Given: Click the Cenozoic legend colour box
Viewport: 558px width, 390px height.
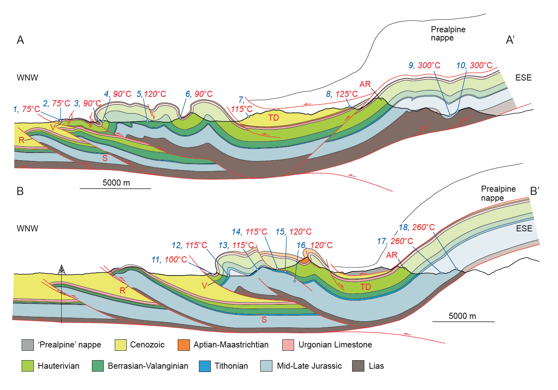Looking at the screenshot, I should pos(121,345).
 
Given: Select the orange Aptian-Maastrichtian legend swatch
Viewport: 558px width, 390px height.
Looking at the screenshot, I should pos(184,345).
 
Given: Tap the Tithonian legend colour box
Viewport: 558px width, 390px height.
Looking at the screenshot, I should pos(205,366).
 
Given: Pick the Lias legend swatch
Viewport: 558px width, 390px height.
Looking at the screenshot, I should pos(358,366).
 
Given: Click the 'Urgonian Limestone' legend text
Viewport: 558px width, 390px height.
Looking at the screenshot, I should pos(335,345).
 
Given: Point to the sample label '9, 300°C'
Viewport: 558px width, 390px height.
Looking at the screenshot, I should pos(424,65).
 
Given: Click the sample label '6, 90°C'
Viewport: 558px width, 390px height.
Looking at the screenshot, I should pos(199,94).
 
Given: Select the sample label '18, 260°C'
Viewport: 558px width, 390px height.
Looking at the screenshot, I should pos(417,227).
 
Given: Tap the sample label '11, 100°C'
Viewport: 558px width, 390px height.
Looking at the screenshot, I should pos(169,260).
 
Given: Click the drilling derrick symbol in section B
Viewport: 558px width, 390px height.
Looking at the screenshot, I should pos(61,270).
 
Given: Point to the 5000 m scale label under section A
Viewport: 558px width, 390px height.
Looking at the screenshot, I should pos(116,183).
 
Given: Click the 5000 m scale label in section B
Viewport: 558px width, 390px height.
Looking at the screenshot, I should pos(462,316).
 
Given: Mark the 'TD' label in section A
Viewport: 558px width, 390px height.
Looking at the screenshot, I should pos(273,118).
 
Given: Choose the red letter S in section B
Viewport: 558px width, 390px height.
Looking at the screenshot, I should pos(264,320).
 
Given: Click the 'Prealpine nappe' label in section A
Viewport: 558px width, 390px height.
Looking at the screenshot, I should pos(448,34).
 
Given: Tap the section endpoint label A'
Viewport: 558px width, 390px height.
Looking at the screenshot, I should pos(510,40).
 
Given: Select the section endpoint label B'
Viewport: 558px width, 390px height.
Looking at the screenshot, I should pos(534,191).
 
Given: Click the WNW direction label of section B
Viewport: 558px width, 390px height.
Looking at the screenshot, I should pos(27,229).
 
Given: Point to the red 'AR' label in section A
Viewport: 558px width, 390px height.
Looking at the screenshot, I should pos(365,84).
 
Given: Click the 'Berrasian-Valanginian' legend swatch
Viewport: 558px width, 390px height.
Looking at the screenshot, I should pos(98,366).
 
